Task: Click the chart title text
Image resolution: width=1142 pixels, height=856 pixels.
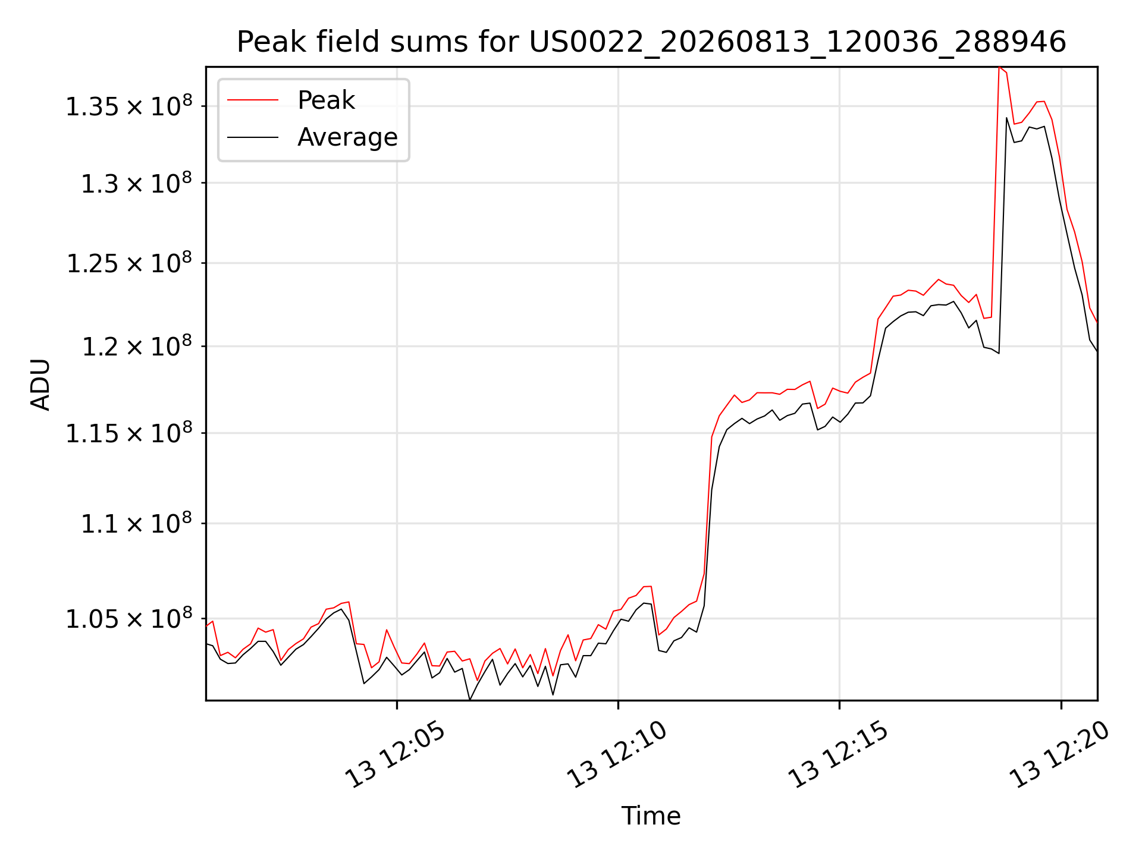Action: [651, 42]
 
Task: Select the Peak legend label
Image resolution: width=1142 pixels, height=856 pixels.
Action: [326, 100]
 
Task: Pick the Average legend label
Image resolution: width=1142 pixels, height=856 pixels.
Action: [347, 137]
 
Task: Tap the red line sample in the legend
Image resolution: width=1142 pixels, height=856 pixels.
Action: [253, 100]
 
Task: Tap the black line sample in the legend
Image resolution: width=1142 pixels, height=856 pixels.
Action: [253, 137]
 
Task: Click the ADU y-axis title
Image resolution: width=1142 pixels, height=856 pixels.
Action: [40, 384]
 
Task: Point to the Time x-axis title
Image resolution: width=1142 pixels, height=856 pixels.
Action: [651, 816]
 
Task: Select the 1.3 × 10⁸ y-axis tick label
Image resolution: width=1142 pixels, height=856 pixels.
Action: [137, 183]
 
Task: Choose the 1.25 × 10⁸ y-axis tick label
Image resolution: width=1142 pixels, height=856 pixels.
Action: [129, 263]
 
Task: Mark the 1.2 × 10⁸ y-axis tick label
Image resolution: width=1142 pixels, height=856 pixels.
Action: [137, 346]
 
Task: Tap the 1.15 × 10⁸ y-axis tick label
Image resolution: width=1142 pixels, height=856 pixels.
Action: [129, 433]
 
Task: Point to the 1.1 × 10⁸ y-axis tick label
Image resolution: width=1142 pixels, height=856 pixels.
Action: [137, 524]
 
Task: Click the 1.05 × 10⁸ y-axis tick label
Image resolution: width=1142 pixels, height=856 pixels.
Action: [129, 619]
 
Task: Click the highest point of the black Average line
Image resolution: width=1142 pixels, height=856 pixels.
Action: [1006, 118]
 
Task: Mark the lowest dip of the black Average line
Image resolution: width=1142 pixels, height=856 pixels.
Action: [470, 700]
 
